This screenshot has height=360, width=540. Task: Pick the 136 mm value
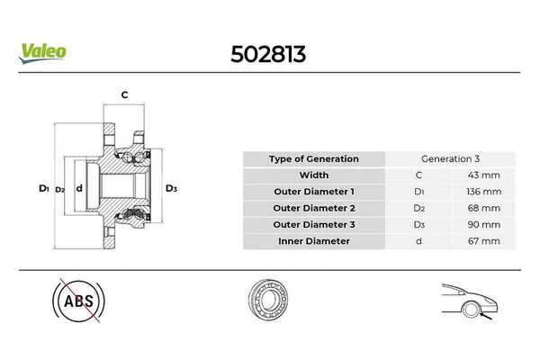point(486,192)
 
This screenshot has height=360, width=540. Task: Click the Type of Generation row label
point(313,158)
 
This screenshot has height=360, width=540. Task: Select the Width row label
point(313,175)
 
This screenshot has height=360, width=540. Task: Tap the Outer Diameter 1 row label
point(313,192)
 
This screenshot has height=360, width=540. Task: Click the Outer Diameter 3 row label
point(313,224)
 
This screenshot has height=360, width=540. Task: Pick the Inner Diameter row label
point(313,241)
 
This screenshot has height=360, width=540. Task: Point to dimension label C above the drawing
point(124,94)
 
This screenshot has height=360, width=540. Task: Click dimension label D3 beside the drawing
point(171,189)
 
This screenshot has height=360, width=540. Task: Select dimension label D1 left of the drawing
point(42,189)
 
